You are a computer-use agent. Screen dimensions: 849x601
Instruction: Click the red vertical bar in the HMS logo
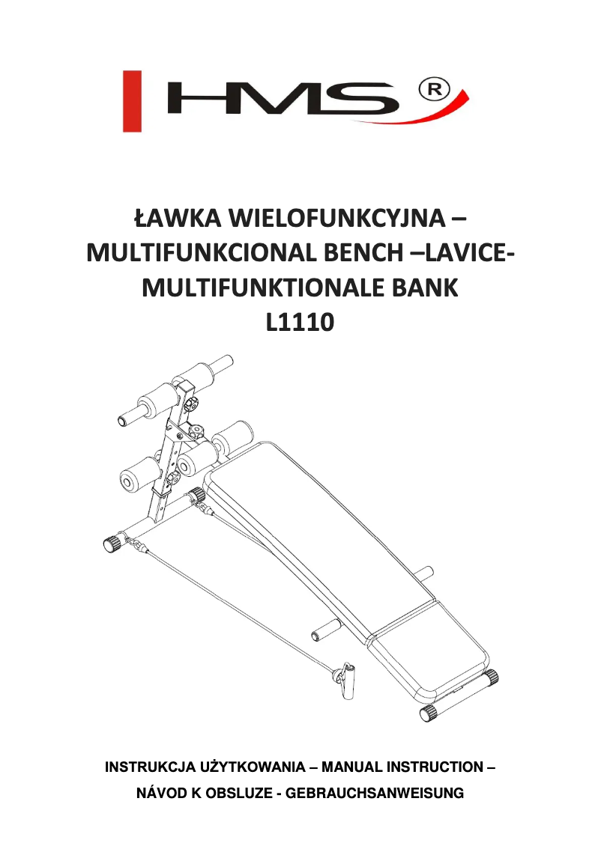tap(132, 101)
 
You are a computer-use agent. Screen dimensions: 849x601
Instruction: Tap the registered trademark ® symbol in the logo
tap(435, 91)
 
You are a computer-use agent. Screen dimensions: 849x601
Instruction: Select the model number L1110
tap(300, 322)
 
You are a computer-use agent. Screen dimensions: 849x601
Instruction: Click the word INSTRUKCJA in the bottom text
tap(150, 767)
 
